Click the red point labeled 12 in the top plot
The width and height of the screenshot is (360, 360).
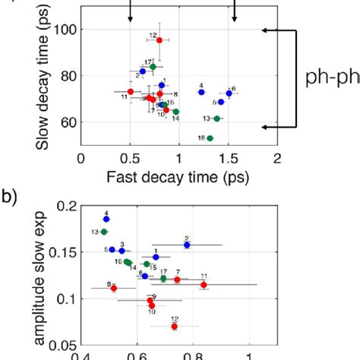click(159, 40)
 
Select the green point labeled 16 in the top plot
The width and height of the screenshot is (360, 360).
click(210, 138)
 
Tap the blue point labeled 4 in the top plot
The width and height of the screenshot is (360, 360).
click(201, 92)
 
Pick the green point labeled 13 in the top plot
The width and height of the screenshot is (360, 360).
click(217, 118)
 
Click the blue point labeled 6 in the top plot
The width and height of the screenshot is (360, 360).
click(229, 93)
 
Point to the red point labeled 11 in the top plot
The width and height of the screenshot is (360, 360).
click(131, 92)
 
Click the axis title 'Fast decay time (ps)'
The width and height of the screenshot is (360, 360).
click(178, 176)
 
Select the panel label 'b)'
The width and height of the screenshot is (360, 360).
click(9, 199)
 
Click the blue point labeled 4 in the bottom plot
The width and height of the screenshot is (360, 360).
click(106, 219)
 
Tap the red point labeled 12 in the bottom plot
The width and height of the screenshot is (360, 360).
click(175, 327)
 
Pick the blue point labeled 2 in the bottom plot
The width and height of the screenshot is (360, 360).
click(187, 245)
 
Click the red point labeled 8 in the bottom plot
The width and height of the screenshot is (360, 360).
click(113, 288)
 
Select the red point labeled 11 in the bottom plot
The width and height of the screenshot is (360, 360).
click(204, 285)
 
